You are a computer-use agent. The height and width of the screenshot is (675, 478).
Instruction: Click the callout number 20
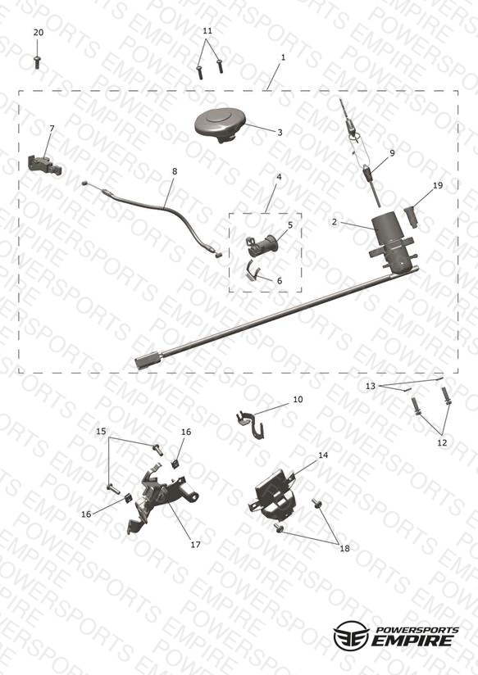39,33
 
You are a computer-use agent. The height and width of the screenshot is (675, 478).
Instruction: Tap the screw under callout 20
38,62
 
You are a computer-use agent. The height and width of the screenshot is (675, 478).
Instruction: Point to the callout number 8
175,171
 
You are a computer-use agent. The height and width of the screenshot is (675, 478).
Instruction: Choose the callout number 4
279,178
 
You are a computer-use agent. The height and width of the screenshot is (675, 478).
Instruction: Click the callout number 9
392,153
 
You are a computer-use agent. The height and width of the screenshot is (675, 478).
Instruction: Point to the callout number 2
335,222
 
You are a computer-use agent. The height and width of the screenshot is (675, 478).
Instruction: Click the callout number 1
283,57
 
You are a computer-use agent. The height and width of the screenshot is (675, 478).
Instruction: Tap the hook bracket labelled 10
250,424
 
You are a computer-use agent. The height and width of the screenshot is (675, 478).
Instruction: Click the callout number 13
371,386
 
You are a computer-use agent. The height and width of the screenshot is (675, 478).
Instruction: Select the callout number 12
442,442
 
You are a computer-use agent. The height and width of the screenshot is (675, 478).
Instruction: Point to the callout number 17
196,545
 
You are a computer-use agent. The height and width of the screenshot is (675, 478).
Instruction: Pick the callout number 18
345,549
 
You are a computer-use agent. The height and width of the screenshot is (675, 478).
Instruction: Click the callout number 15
101,432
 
